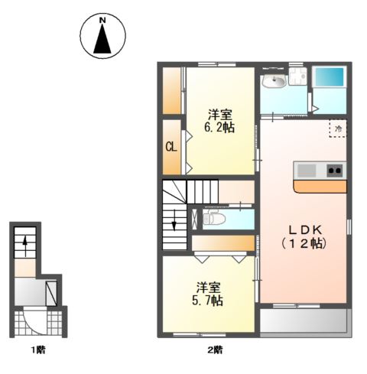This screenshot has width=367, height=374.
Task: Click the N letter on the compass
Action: point(102,21)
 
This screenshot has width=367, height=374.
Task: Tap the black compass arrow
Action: point(102,39)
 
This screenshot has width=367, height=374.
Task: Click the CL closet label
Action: point(171,147)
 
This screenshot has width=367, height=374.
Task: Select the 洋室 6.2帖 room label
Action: point(219,121)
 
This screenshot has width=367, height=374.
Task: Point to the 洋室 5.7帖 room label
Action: point(208,294)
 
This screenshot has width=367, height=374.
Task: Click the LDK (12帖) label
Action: point(304,237)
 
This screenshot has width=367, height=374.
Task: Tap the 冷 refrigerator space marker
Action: point(339,128)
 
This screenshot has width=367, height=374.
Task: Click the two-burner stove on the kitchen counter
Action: point(335,171)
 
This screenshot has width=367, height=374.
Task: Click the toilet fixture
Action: point(214,218)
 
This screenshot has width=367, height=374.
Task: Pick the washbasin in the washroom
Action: point(274,81)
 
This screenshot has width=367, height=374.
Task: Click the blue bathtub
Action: point(330,77)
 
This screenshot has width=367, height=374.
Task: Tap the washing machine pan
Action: point(297,76)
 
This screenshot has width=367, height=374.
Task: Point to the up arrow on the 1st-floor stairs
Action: point(25,246)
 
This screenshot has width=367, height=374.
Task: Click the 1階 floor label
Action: point(38,350)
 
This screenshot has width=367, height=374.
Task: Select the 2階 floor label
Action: point(215,350)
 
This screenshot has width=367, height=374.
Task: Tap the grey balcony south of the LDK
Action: point(304,321)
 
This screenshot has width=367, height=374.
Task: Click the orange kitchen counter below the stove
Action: point(320,187)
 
